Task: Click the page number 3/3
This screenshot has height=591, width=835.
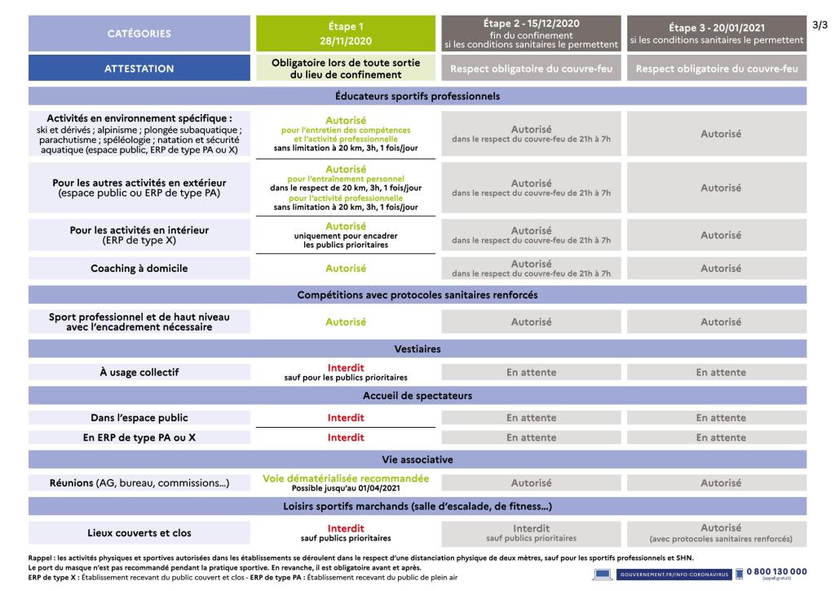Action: click(820, 25)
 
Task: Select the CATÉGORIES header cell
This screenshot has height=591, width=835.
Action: click(139, 33)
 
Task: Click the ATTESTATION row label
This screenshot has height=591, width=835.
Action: click(139, 69)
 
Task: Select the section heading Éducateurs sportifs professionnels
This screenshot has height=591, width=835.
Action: click(417, 96)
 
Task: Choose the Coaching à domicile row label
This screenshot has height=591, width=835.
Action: click(139, 268)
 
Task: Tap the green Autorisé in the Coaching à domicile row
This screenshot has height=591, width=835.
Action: click(346, 268)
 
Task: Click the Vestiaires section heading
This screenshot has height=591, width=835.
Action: click(417, 349)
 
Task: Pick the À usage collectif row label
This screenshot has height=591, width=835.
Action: click(139, 373)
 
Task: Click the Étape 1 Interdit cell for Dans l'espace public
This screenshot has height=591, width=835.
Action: click(346, 417)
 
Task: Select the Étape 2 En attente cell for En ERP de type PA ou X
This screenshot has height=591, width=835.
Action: click(532, 437)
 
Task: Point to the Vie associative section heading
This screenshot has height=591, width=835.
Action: click(417, 460)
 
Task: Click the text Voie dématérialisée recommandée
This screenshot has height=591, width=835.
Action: click(346, 478)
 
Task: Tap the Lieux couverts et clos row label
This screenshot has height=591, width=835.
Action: click(139, 533)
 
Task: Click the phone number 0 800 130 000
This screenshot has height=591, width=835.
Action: click(776, 571)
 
